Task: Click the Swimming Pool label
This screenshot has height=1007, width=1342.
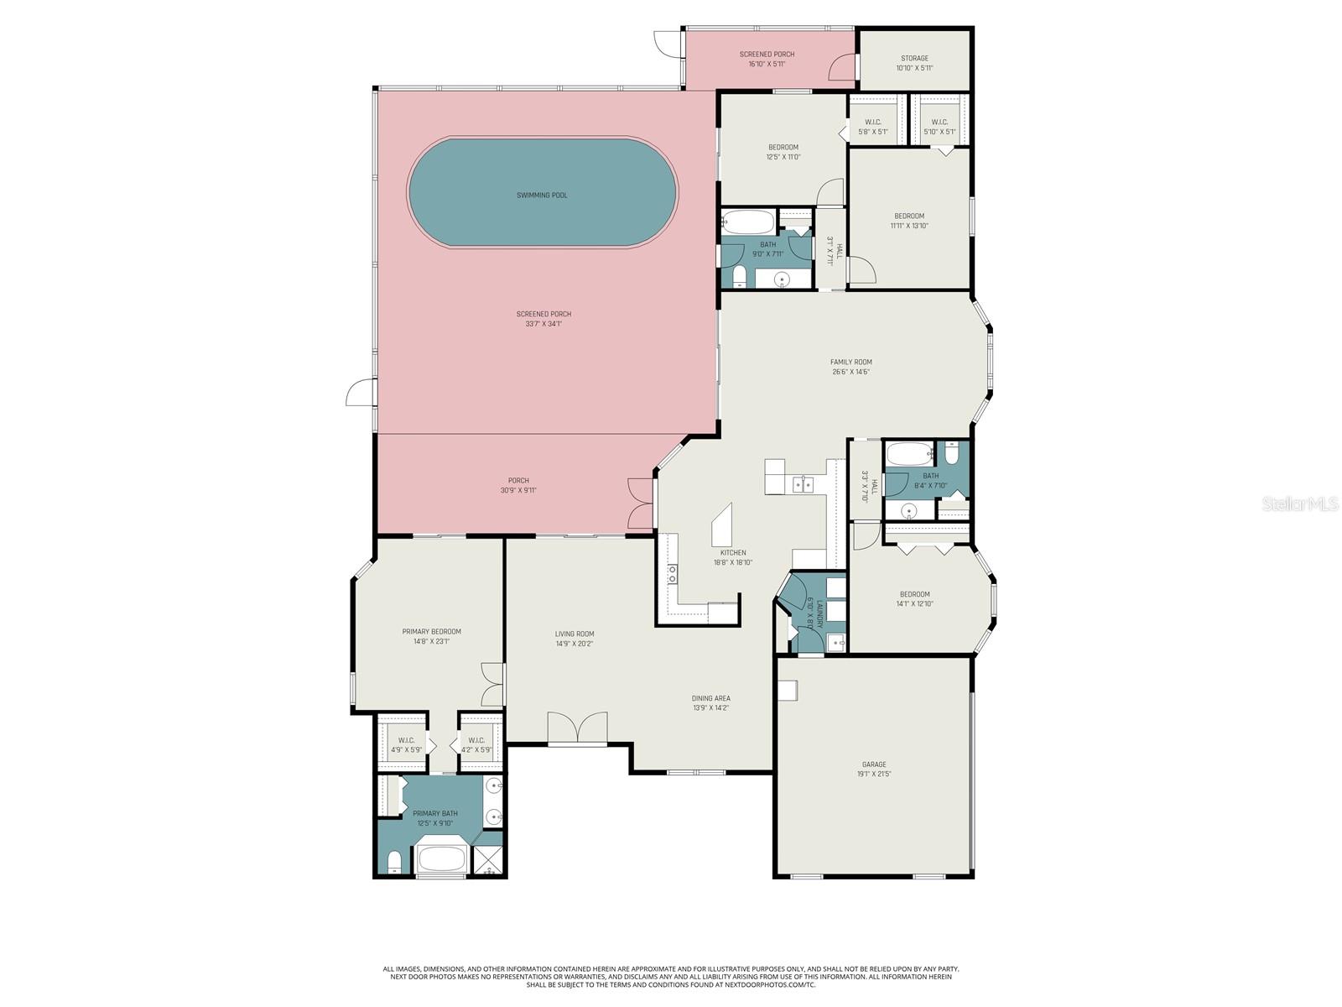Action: pyautogui.click(x=542, y=195)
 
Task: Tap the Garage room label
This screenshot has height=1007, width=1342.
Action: pyautogui.click(x=874, y=764)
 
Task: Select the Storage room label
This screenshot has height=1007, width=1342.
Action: pyautogui.click(x=914, y=59)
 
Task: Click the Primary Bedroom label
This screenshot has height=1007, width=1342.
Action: pyautogui.click(x=431, y=632)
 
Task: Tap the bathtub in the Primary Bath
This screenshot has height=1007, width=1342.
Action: pyautogui.click(x=440, y=859)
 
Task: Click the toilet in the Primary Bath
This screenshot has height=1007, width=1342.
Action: pyautogui.click(x=394, y=861)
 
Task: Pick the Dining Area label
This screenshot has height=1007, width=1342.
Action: pyautogui.click(x=710, y=698)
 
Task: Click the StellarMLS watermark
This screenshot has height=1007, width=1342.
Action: pyautogui.click(x=1305, y=503)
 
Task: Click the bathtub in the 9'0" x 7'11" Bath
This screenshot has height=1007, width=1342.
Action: pyautogui.click(x=749, y=223)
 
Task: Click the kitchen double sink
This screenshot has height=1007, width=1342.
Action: pyautogui.click(x=803, y=484)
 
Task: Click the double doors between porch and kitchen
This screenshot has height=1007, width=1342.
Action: pyautogui.click(x=639, y=502)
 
